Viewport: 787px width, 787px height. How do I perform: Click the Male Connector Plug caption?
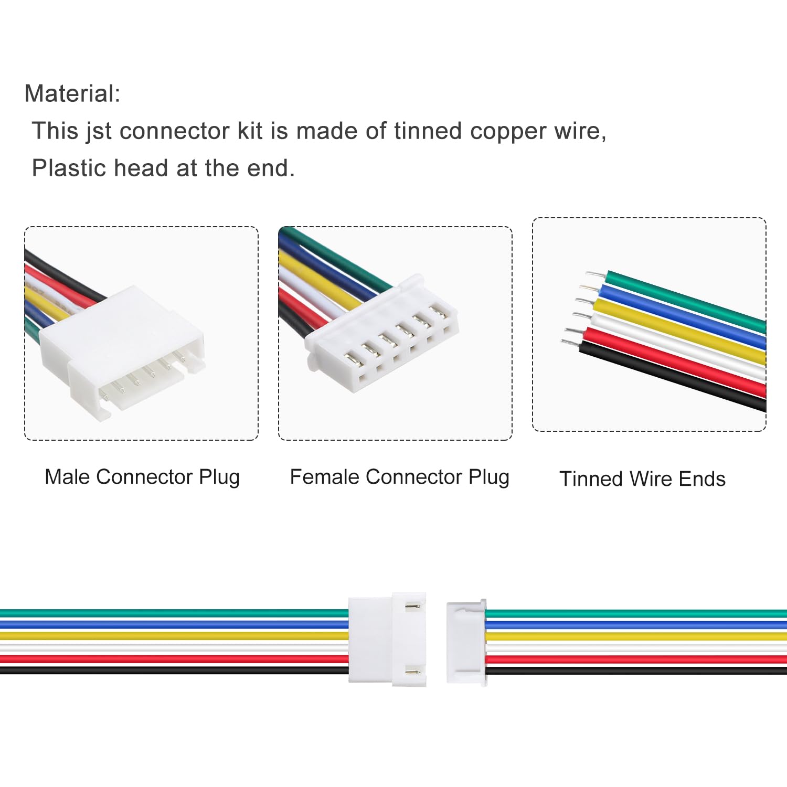click(142, 477)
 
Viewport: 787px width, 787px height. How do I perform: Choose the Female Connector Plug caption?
click(400, 477)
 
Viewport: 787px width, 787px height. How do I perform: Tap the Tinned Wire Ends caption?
click(642, 479)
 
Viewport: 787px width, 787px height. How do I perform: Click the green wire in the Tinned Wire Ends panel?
click(686, 302)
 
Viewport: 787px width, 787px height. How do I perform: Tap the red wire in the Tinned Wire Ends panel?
click(674, 362)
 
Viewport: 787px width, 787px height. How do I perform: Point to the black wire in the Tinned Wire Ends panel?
click(672, 376)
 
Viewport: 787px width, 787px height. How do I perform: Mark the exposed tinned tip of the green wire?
click(597, 274)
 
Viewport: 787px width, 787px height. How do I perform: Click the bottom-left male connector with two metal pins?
click(387, 640)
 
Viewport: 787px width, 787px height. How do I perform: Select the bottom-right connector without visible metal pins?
click(466, 642)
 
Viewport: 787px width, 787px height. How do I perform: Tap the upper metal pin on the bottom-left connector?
click(413, 607)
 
